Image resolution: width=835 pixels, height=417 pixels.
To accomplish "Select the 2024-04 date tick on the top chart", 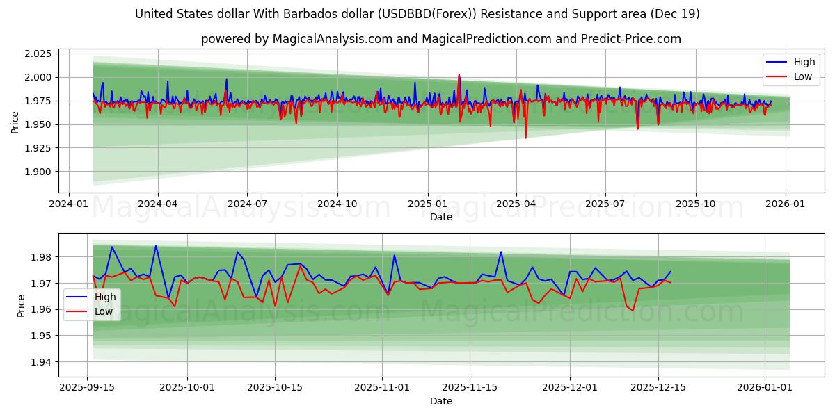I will pyautogui.click(x=157, y=204).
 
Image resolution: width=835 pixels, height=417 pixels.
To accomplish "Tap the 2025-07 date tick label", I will pyautogui.click(x=605, y=204).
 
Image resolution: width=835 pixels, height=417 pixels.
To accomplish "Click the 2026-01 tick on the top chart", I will pyautogui.click(x=786, y=204).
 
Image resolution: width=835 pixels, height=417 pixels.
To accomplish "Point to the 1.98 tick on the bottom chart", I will pyautogui.click(x=42, y=257).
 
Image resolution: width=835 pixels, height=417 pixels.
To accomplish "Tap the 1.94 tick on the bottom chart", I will pyautogui.click(x=42, y=362).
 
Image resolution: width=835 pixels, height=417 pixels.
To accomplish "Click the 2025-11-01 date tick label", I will pyautogui.click(x=381, y=388).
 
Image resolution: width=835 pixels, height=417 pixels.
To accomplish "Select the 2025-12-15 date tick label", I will pyautogui.click(x=657, y=388).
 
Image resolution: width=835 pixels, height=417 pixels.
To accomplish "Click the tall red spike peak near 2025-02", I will pyautogui.click(x=459, y=75).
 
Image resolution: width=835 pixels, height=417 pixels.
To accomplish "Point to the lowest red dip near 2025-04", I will pyautogui.click(x=525, y=138).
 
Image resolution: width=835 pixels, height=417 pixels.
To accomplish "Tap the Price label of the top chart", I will pyautogui.click(x=15, y=122).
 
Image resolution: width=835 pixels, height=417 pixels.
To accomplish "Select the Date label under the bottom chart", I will pyautogui.click(x=441, y=401).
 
